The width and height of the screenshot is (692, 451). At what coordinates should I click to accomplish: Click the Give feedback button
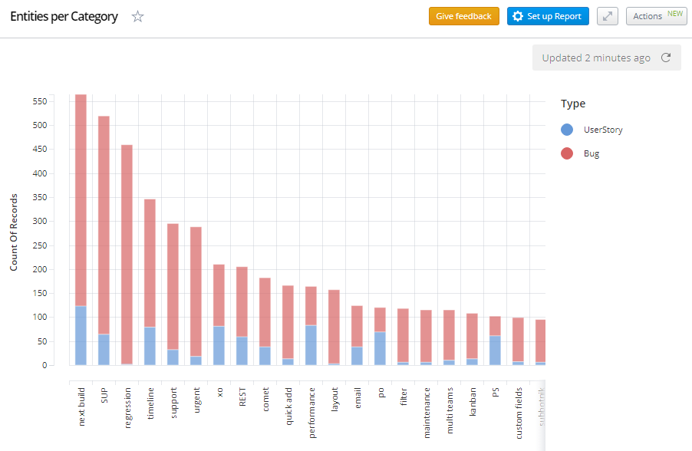(x=463, y=16)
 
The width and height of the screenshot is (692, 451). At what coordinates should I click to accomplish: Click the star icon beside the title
(x=138, y=16)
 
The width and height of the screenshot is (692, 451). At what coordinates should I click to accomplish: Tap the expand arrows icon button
(x=608, y=16)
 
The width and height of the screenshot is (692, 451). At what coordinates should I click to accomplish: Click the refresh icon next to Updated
(x=666, y=58)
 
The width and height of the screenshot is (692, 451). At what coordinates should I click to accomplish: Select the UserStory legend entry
(x=602, y=130)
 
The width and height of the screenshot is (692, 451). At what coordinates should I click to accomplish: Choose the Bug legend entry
(x=591, y=153)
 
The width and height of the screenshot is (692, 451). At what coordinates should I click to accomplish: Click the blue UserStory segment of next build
(x=81, y=336)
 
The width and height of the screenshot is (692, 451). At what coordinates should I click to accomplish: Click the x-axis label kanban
(x=473, y=401)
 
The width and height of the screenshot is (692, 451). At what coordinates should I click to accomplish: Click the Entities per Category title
(x=64, y=16)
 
